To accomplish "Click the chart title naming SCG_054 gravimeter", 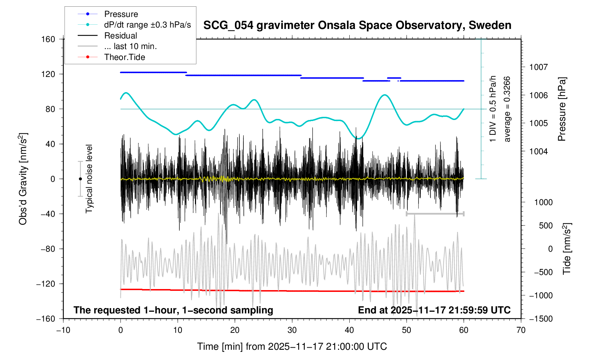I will coord(357,25).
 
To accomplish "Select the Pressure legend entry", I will coord(121,14).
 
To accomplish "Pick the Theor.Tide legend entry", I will coord(124,57).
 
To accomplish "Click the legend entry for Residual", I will coord(120,36).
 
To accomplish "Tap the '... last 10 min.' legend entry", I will coord(130,46).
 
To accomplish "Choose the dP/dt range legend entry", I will coord(147,25).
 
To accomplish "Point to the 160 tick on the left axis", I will coord(48,39).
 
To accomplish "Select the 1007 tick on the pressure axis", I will coord(538,67).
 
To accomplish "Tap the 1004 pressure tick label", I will coord(538,151).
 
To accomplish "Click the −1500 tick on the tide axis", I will coord(540,319).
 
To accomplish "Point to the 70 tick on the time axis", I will coord(521,330).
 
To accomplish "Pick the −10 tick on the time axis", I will coord(63,330).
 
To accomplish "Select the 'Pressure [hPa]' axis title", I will coord(562,109).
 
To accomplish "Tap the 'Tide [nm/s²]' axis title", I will coord(567,249).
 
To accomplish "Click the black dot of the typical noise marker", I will coord(80,179).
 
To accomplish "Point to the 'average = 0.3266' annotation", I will coord(507,109).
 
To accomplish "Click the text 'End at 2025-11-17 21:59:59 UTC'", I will coord(434,310).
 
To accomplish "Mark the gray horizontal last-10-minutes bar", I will coord(435,214).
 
